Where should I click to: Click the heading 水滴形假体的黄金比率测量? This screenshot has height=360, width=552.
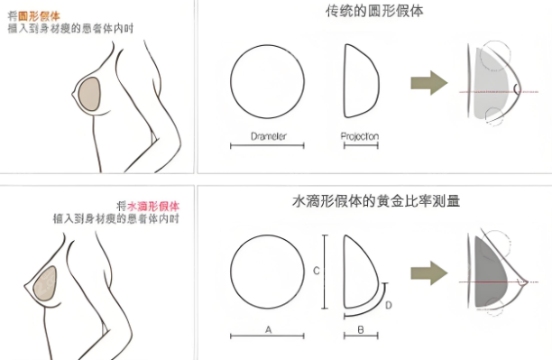(x=377, y=201)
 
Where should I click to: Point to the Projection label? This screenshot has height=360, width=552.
(x=360, y=137)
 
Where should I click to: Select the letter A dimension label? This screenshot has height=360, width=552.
(x=267, y=330)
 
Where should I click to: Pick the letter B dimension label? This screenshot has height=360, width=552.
(x=360, y=330)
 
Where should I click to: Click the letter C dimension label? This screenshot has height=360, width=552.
(x=316, y=270)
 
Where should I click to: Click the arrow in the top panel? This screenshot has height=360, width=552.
(x=428, y=84)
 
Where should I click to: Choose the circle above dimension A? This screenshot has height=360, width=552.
(x=267, y=271)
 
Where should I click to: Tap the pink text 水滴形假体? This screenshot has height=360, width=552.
(x=154, y=205)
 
